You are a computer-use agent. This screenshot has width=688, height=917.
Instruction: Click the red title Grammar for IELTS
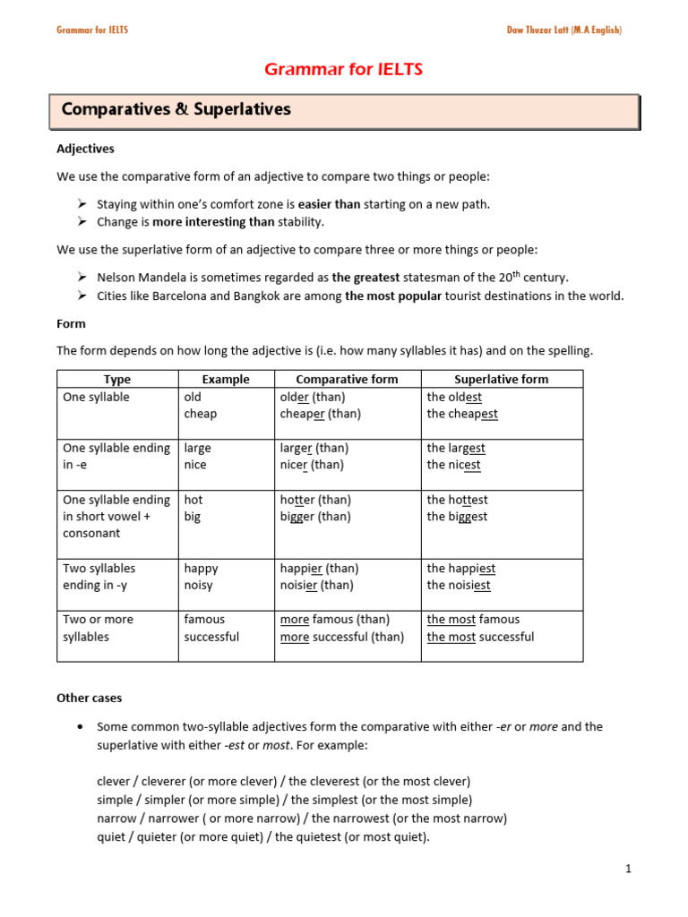343,70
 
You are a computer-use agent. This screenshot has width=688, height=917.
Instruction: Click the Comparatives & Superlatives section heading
176,109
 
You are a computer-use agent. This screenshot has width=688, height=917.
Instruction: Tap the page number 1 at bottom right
629,869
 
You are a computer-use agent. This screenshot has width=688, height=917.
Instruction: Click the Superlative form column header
501,379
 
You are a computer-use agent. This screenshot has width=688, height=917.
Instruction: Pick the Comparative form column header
347,379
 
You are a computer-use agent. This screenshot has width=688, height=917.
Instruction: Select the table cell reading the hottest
457,500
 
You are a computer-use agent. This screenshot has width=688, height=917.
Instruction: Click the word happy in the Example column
201,568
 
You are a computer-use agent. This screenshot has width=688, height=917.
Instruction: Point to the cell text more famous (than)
334,619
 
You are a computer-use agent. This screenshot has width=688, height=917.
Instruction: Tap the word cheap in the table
201,414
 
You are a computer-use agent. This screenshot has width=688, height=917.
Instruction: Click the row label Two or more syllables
97,628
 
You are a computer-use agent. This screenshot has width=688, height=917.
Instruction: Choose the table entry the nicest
453,465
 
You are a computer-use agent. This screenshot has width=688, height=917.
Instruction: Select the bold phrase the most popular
393,296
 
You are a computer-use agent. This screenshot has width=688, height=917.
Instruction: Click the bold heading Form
71,324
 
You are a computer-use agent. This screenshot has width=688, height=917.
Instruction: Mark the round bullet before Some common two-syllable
82,726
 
